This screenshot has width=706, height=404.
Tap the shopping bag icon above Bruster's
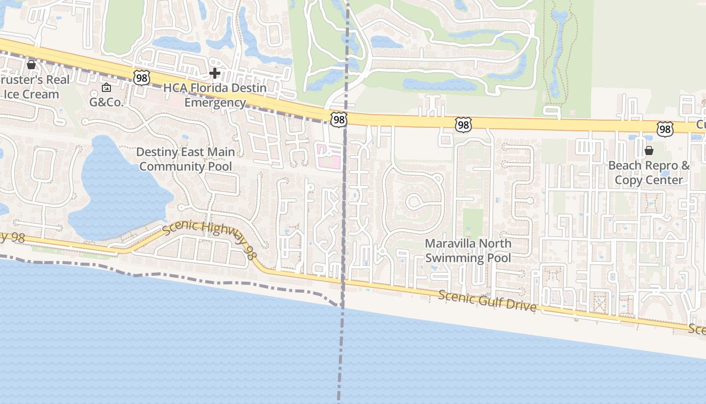point(31,65)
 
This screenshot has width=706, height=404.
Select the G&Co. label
point(106,102)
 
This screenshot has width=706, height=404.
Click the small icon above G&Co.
point(106,88)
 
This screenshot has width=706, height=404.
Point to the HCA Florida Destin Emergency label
point(215,95)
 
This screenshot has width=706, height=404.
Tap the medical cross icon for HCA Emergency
point(215,74)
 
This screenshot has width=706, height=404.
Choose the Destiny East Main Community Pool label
point(186,159)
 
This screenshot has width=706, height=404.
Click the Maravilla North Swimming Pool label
point(468,250)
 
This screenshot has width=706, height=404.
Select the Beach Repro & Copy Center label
point(649,173)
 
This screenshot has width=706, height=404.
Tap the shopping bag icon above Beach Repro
point(649,150)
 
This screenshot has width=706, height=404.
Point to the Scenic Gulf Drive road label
point(487,300)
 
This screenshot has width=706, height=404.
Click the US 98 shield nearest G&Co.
point(142,78)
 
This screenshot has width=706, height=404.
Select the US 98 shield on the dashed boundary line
point(339,120)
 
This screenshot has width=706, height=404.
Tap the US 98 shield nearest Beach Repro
point(665,129)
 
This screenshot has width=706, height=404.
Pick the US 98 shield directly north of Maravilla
point(463,125)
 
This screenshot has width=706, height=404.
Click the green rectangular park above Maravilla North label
point(473,222)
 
